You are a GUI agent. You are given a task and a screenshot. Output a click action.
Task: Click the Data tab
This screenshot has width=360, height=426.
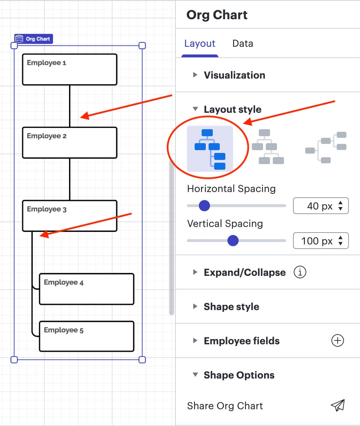(242, 44)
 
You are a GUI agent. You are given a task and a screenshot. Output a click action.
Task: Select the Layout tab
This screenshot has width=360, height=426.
(200, 44)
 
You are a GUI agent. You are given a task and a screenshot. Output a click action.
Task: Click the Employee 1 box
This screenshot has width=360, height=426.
(69, 69)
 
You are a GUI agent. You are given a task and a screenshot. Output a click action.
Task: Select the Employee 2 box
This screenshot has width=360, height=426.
(69, 143)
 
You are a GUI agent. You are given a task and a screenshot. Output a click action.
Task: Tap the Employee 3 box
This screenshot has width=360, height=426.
(69, 216)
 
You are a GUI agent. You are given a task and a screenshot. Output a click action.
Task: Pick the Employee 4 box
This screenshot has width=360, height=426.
(87, 289)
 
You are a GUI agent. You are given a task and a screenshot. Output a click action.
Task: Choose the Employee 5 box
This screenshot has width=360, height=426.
(87, 336)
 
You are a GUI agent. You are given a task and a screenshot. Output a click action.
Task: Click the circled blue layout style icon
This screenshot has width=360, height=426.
(210, 149)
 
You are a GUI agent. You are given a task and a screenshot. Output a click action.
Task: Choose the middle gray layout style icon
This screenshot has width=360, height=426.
(268, 147)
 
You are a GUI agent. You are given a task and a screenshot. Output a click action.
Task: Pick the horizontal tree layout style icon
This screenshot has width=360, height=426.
(326, 147)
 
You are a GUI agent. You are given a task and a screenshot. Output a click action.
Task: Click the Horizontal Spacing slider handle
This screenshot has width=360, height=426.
(204, 206)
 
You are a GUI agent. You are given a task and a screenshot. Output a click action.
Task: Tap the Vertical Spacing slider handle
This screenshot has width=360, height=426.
(233, 241)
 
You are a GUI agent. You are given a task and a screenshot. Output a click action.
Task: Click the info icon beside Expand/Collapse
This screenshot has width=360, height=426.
(300, 272)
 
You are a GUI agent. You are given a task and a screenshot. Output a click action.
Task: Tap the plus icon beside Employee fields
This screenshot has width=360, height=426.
(337, 340)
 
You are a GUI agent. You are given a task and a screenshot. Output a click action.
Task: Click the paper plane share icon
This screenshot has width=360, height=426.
(337, 405)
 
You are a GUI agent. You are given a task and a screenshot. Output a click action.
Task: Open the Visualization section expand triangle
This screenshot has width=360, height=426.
(195, 75)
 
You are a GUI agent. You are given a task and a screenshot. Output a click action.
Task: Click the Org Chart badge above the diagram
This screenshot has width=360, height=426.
(33, 39)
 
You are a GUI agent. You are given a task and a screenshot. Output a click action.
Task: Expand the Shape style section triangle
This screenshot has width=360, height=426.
(195, 307)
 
